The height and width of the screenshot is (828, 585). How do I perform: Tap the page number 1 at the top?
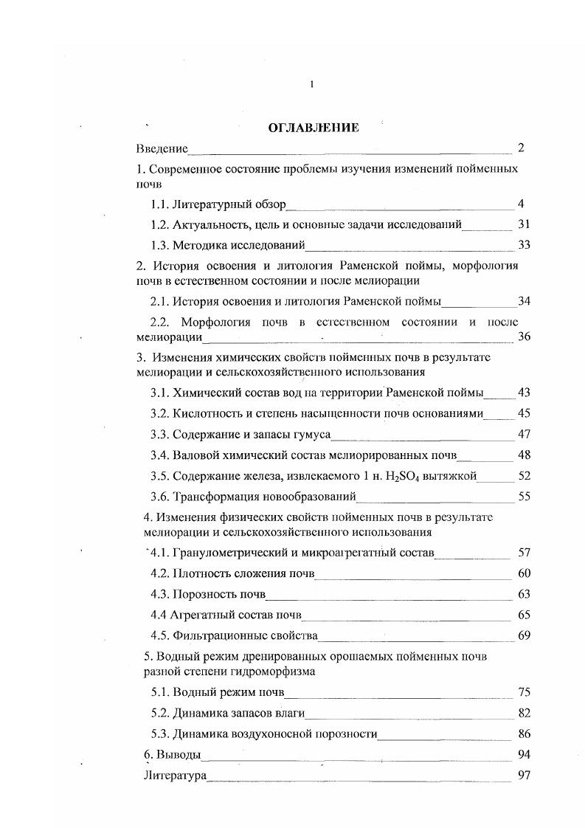[312, 84]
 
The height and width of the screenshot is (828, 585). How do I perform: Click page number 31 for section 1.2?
[524, 224]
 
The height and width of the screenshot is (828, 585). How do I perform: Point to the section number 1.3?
[160, 245]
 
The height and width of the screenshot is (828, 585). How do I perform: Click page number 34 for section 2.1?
[524, 301]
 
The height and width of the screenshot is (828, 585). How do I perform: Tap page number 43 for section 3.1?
[524, 392]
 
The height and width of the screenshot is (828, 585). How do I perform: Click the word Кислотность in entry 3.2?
[204, 413]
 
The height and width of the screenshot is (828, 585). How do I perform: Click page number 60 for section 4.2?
[524, 573]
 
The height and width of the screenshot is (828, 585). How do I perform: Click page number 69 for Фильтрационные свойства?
[524, 635]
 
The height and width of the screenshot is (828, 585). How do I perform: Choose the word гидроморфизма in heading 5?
[277, 671]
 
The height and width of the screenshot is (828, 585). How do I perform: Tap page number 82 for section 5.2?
[524, 713]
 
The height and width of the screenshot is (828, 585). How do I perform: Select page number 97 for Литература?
[524, 776]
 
